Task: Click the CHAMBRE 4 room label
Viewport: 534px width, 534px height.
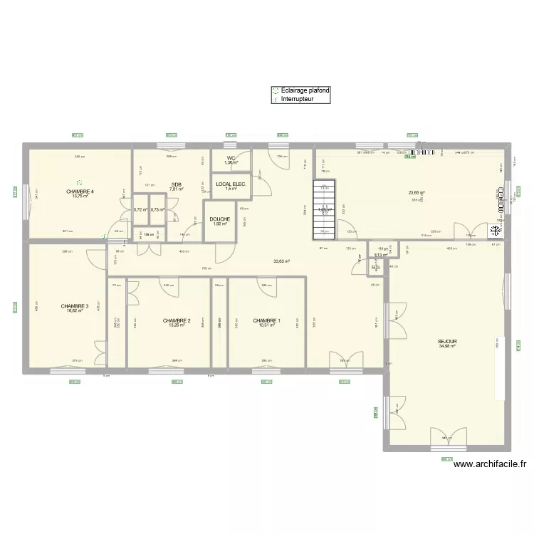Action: tap(80, 192)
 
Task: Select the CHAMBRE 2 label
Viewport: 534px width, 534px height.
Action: tap(176, 320)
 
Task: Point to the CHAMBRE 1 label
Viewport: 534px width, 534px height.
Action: tap(266, 320)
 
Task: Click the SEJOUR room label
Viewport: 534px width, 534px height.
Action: tap(448, 342)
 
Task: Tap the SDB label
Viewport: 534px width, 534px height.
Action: tap(176, 184)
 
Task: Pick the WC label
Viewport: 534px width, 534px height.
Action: tap(231, 158)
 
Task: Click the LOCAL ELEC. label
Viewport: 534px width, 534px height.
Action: tap(231, 184)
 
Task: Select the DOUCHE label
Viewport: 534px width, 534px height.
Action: tap(219, 219)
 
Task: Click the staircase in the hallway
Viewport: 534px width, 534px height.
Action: tap(324, 209)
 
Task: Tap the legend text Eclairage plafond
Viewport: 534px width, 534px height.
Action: tap(305, 91)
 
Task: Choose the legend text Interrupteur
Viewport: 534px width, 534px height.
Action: tap(297, 100)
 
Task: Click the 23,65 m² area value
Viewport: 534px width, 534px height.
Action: tap(417, 193)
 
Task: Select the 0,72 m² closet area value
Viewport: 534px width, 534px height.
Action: tap(140, 210)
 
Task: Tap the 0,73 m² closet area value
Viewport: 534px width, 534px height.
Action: tap(157, 210)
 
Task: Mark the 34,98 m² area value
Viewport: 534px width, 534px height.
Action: tap(448, 347)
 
